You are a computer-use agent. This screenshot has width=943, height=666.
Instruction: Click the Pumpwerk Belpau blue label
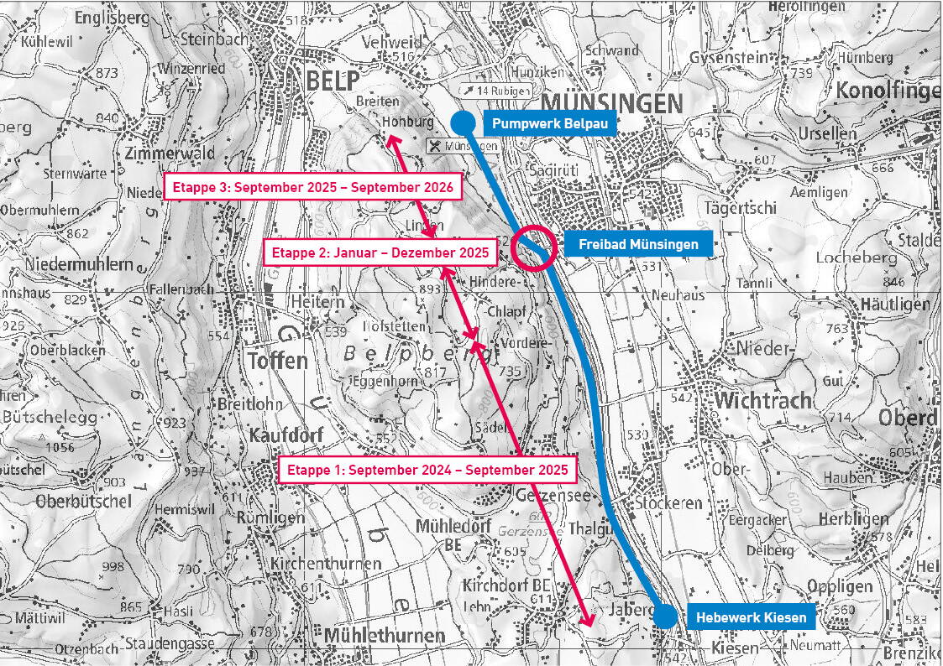pos(550,125)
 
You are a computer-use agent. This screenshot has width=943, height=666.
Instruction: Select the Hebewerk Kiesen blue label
pos(751,618)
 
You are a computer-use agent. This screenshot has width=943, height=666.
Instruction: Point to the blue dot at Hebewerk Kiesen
pos(664,616)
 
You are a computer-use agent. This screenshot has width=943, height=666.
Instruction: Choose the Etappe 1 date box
pos(427,470)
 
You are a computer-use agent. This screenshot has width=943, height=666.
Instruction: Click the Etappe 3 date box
pos(312,187)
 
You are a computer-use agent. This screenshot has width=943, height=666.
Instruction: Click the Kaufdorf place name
pos(286,435)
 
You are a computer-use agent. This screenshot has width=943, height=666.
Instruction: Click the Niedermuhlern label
pos(68,265)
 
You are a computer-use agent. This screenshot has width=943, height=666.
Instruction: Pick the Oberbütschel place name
pos(84,502)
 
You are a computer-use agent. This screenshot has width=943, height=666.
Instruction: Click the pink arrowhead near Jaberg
pos(589,621)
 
